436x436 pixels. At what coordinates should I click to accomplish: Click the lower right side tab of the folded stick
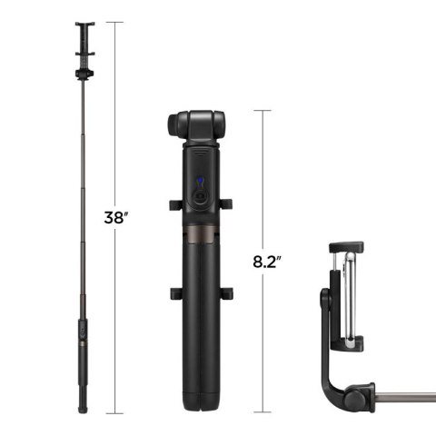click(226, 292)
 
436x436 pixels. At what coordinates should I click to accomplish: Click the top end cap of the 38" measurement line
click(114, 22)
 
